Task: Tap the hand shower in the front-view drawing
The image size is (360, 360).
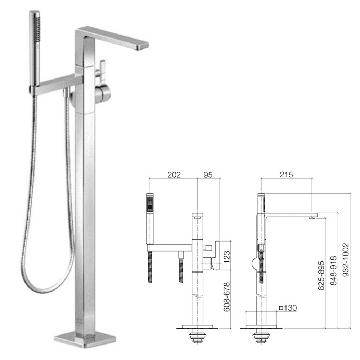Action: click(x=150, y=220)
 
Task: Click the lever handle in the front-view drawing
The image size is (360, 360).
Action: click(x=217, y=256)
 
